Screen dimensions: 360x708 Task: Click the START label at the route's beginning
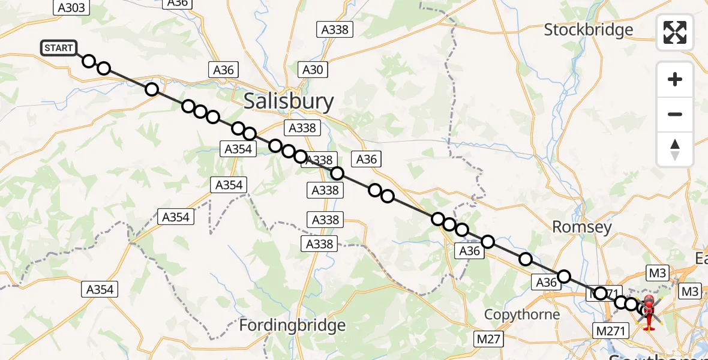pyautogui.click(x=59, y=48)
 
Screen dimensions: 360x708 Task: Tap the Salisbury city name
pyautogui.click(x=289, y=101)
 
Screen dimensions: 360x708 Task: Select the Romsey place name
pyautogui.click(x=581, y=227)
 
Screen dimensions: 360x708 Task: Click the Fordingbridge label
pyautogui.click(x=292, y=325)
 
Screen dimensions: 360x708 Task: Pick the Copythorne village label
pyautogui.click(x=521, y=314)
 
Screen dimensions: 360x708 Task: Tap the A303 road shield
pyautogui.click(x=72, y=7)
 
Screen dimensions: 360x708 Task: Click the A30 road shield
pyautogui.click(x=313, y=70)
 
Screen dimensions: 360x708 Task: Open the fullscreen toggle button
pyautogui.click(x=675, y=32)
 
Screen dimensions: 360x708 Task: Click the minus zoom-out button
pyautogui.click(x=675, y=114)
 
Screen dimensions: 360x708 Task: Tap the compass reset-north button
pyautogui.click(x=675, y=149)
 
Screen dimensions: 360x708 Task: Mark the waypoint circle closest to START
pyautogui.click(x=89, y=61)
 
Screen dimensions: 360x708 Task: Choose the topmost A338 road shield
pyautogui.click(x=335, y=29)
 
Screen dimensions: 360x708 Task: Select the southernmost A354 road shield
pyautogui.click(x=100, y=290)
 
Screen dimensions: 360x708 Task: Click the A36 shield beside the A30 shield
pyautogui.click(x=224, y=70)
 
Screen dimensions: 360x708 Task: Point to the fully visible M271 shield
pyautogui.click(x=611, y=330)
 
